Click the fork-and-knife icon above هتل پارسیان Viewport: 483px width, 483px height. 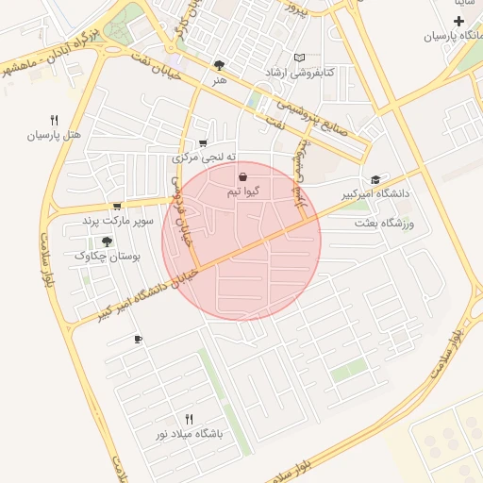pyautogui.click(x=54, y=121)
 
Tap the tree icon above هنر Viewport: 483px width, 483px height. pyautogui.click(x=220, y=65)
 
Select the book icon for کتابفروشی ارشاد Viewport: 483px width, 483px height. pyautogui.click(x=300, y=58)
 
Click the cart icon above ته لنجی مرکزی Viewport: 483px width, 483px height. pyautogui.click(x=203, y=143)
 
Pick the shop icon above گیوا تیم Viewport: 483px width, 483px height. pyautogui.click(x=243, y=176)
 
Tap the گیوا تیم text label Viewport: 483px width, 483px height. pyautogui.click(x=243, y=192)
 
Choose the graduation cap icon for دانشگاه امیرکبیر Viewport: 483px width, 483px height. pyautogui.click(x=376, y=179)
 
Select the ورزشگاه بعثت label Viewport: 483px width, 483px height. pyautogui.click(x=384, y=224)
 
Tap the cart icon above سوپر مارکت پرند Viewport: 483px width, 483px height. pyautogui.click(x=117, y=206)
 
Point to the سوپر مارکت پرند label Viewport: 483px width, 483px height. pyautogui.click(x=117, y=221)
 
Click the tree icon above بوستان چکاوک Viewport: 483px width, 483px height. pyautogui.click(x=106, y=241)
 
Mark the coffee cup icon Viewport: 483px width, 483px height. pyautogui.click(x=138, y=339)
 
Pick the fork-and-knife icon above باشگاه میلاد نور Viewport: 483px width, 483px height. pyautogui.click(x=189, y=419)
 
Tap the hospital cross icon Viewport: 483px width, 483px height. pyautogui.click(x=458, y=21)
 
